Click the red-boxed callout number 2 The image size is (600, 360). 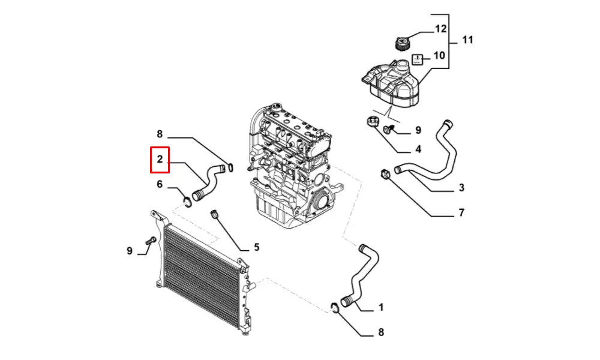pyautogui.click(x=160, y=159)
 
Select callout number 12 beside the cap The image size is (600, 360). pyautogui.click(x=441, y=29)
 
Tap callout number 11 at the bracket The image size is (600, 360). pyautogui.click(x=467, y=40)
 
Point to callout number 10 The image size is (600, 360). pyautogui.click(x=439, y=55)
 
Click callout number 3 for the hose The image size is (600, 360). pyautogui.click(x=461, y=188)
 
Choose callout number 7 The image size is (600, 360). pyautogui.click(x=461, y=212)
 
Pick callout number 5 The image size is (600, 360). pyautogui.click(x=256, y=247)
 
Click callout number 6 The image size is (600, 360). pyautogui.click(x=160, y=184)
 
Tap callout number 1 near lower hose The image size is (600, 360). pyautogui.click(x=381, y=307)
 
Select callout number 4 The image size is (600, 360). pyautogui.click(x=418, y=149)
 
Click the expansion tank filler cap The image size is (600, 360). pyautogui.click(x=402, y=43)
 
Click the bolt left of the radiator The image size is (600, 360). pyautogui.click(x=151, y=241)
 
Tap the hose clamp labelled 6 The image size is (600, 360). pyautogui.click(x=187, y=202)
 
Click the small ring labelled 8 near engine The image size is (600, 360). pyautogui.click(x=230, y=167)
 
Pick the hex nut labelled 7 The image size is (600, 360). pyautogui.click(x=385, y=174)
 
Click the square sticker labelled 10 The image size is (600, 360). pyautogui.click(x=417, y=59)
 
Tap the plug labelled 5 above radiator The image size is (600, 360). pyautogui.click(x=215, y=214)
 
